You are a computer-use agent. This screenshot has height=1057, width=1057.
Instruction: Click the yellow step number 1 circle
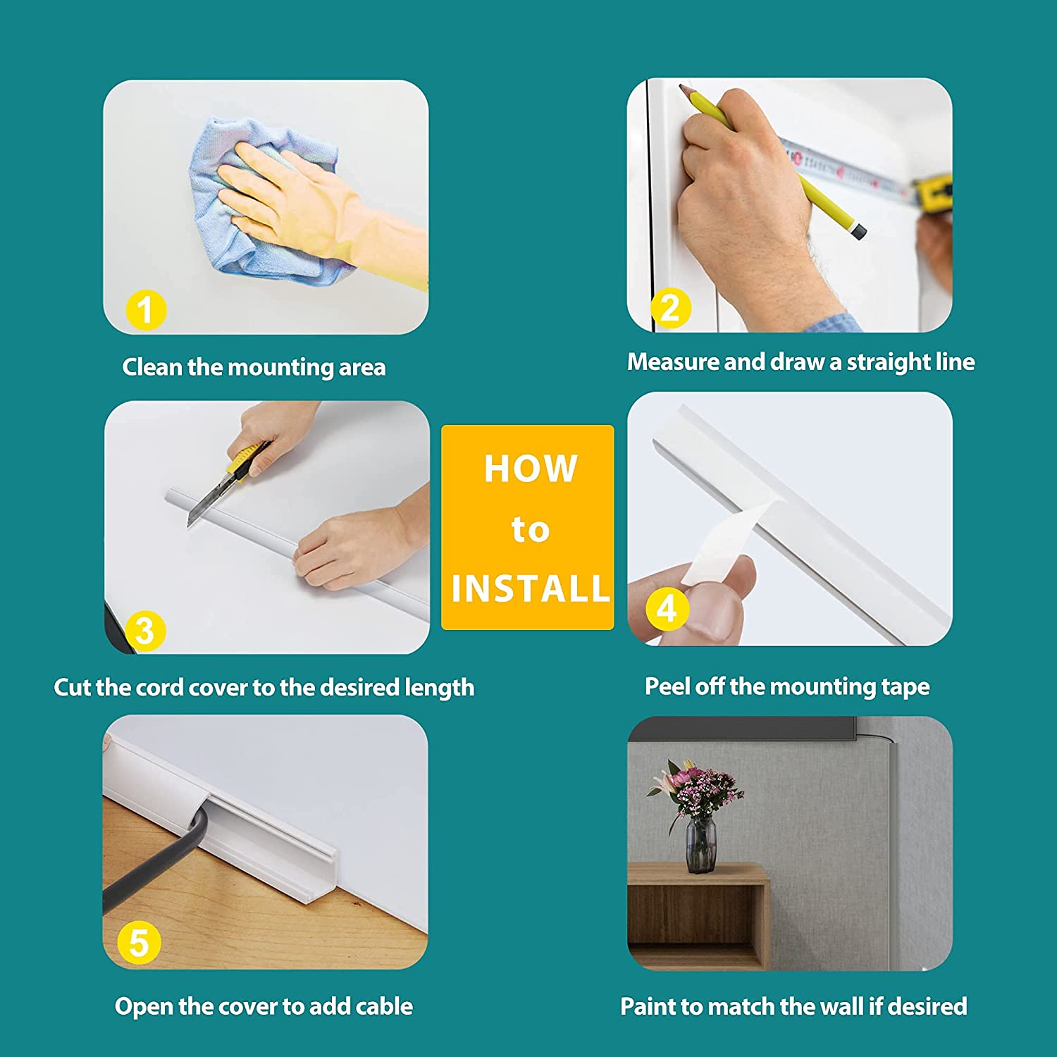click(146, 311)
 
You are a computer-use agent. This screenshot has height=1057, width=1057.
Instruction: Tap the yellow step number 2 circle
click(670, 308)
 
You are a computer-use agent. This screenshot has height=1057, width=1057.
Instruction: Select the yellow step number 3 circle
click(144, 631)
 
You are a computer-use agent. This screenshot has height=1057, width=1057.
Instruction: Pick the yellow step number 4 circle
click(667, 607)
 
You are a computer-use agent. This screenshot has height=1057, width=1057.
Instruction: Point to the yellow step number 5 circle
click(140, 944)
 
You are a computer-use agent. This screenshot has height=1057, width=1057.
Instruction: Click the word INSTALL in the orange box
click(530, 588)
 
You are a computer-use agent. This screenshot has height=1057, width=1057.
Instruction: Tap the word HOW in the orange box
click(530, 469)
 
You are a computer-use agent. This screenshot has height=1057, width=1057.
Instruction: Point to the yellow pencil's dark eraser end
click(858, 230)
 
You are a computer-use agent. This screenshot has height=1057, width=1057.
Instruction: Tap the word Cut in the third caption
click(72, 687)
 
